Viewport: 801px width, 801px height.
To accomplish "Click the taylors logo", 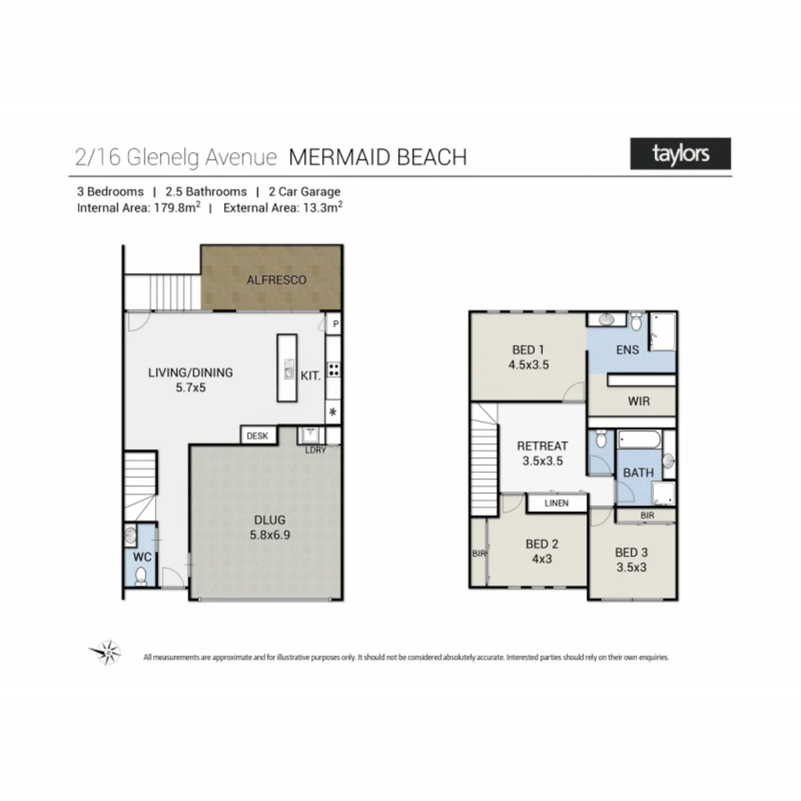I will point(680,154).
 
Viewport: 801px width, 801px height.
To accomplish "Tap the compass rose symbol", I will point(105,652).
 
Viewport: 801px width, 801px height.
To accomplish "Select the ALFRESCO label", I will point(276,280).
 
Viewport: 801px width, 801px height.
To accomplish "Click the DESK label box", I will point(257,436).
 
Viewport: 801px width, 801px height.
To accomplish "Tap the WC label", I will point(142,555).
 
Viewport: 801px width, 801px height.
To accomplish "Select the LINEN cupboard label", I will point(556,503).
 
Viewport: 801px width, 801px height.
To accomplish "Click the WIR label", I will point(639,401).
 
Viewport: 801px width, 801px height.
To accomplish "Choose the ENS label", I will point(627,351).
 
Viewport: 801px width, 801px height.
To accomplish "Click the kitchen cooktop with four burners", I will point(334,370).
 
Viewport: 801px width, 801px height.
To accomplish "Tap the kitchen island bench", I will point(287,368).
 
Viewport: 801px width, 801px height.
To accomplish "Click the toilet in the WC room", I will point(142,576).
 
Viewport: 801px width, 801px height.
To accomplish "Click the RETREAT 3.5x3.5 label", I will point(542,452).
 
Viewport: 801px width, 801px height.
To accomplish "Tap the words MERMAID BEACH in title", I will point(378,157).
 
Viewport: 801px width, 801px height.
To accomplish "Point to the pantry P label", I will point(335,324).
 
